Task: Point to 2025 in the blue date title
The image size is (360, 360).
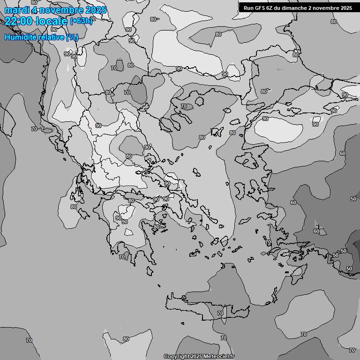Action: (96, 10)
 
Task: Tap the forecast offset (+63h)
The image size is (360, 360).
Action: (82, 21)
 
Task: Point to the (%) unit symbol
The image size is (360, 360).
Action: (72, 37)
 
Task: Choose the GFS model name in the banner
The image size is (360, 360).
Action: (260, 7)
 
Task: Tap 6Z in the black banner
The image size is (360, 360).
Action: (270, 7)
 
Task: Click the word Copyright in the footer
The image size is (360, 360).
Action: (177, 356)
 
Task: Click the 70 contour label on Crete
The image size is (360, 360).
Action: (220, 313)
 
